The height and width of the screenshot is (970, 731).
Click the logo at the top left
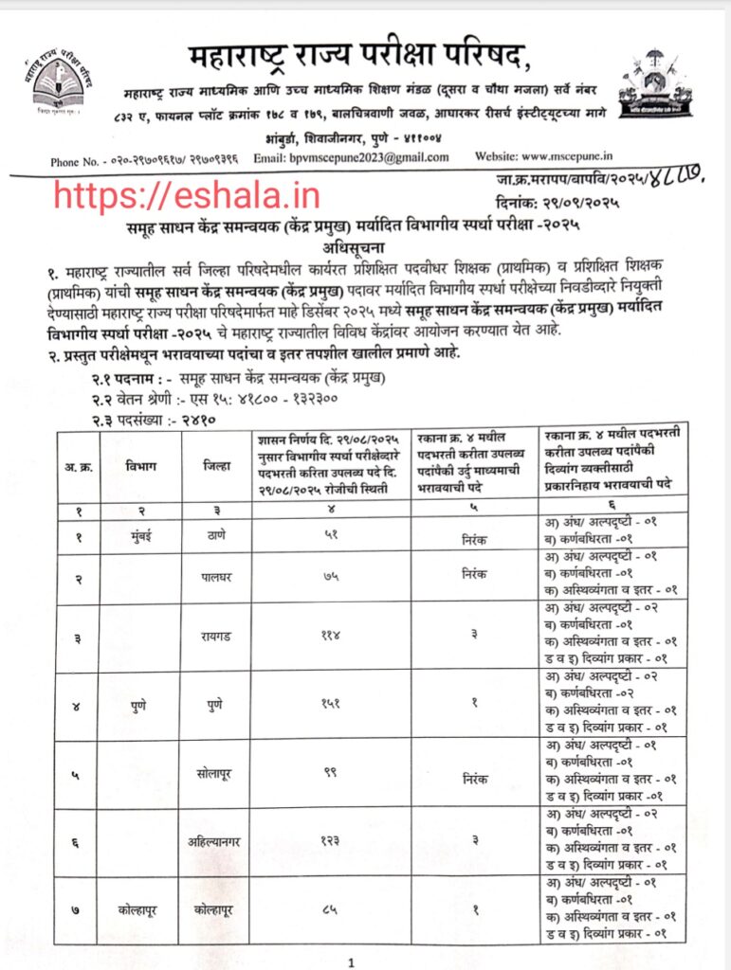(x=60, y=83)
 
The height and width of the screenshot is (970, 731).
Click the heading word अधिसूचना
(x=365, y=243)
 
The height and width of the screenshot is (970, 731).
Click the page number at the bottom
(x=350, y=963)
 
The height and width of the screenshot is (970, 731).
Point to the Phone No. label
(x=81, y=162)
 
